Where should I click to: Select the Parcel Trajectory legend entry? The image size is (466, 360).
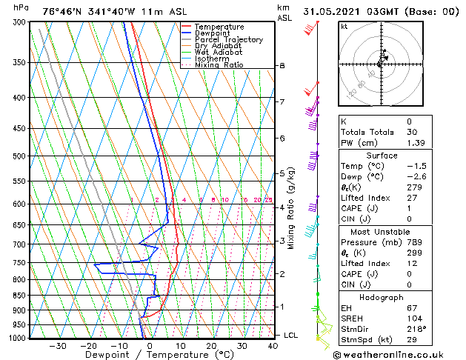[228, 40]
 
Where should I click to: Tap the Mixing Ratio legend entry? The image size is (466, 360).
[219, 65]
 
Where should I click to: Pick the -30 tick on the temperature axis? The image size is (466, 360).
[58, 346]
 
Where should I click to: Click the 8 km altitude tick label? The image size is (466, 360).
[282, 66]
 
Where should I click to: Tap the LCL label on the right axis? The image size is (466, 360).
[290, 335]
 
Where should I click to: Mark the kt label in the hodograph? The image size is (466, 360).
[344, 27]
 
